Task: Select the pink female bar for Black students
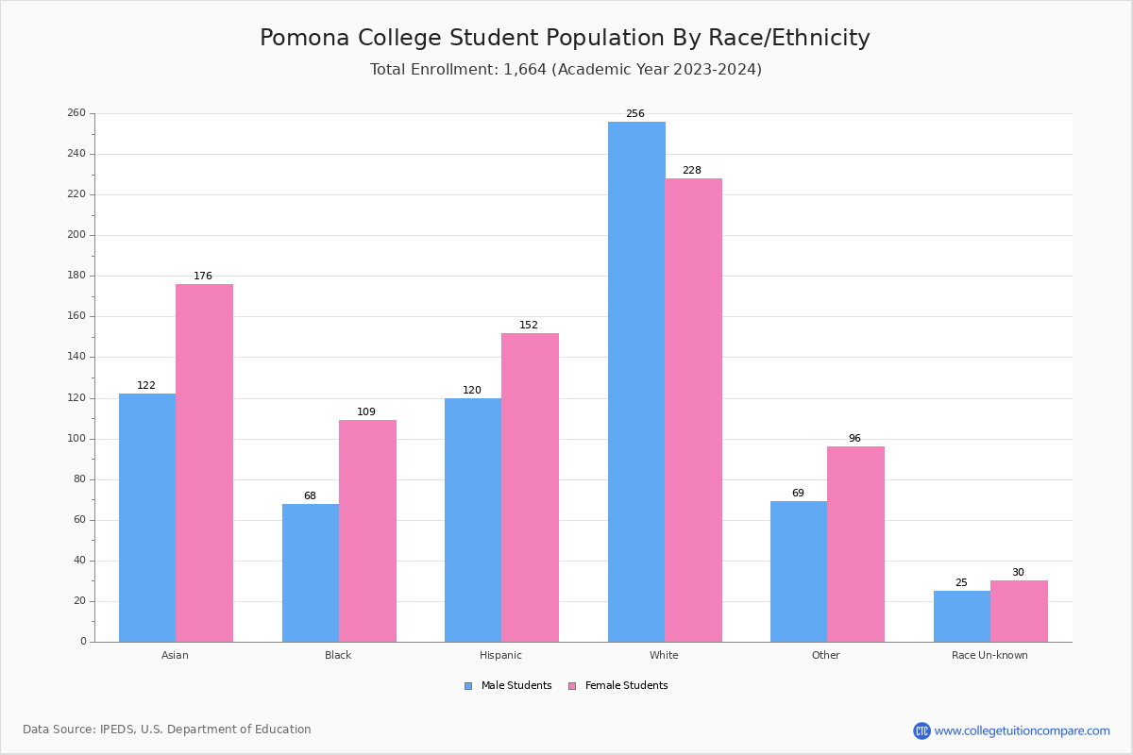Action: (367, 530)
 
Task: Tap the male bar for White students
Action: (636, 381)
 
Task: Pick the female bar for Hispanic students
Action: (530, 487)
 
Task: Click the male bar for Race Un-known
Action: (962, 616)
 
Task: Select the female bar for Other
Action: (855, 544)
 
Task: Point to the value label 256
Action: (635, 114)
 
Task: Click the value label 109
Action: (366, 412)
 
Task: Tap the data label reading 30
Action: (1018, 573)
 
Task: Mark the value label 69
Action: (798, 494)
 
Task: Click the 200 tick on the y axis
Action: (76, 235)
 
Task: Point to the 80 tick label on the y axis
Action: (79, 479)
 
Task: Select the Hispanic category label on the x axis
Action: (500, 655)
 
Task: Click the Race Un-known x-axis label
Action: (989, 655)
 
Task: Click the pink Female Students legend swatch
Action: (572, 686)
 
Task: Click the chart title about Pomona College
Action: (565, 39)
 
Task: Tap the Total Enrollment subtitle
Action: (566, 70)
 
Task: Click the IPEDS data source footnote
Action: (167, 730)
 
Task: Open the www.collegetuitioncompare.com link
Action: (1022, 730)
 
